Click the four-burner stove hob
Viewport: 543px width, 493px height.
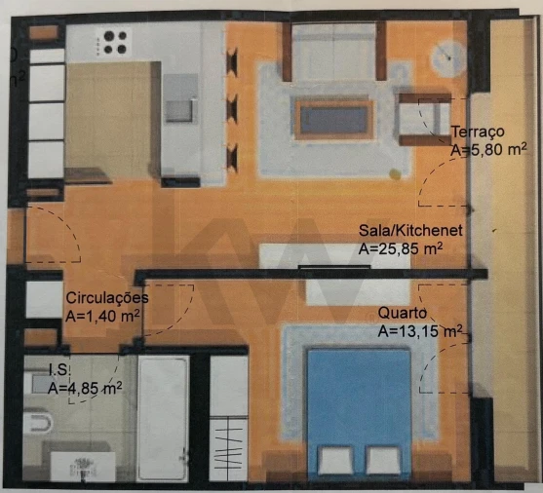115,42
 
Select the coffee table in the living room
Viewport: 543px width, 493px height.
334,119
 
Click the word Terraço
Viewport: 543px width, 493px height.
477,133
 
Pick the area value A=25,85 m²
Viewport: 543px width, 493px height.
401,248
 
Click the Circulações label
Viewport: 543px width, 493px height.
106,297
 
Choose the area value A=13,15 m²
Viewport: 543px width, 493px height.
419,331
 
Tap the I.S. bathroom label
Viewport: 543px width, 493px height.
59,369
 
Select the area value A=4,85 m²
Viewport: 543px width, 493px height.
85,387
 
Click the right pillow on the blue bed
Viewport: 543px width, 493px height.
383,460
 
